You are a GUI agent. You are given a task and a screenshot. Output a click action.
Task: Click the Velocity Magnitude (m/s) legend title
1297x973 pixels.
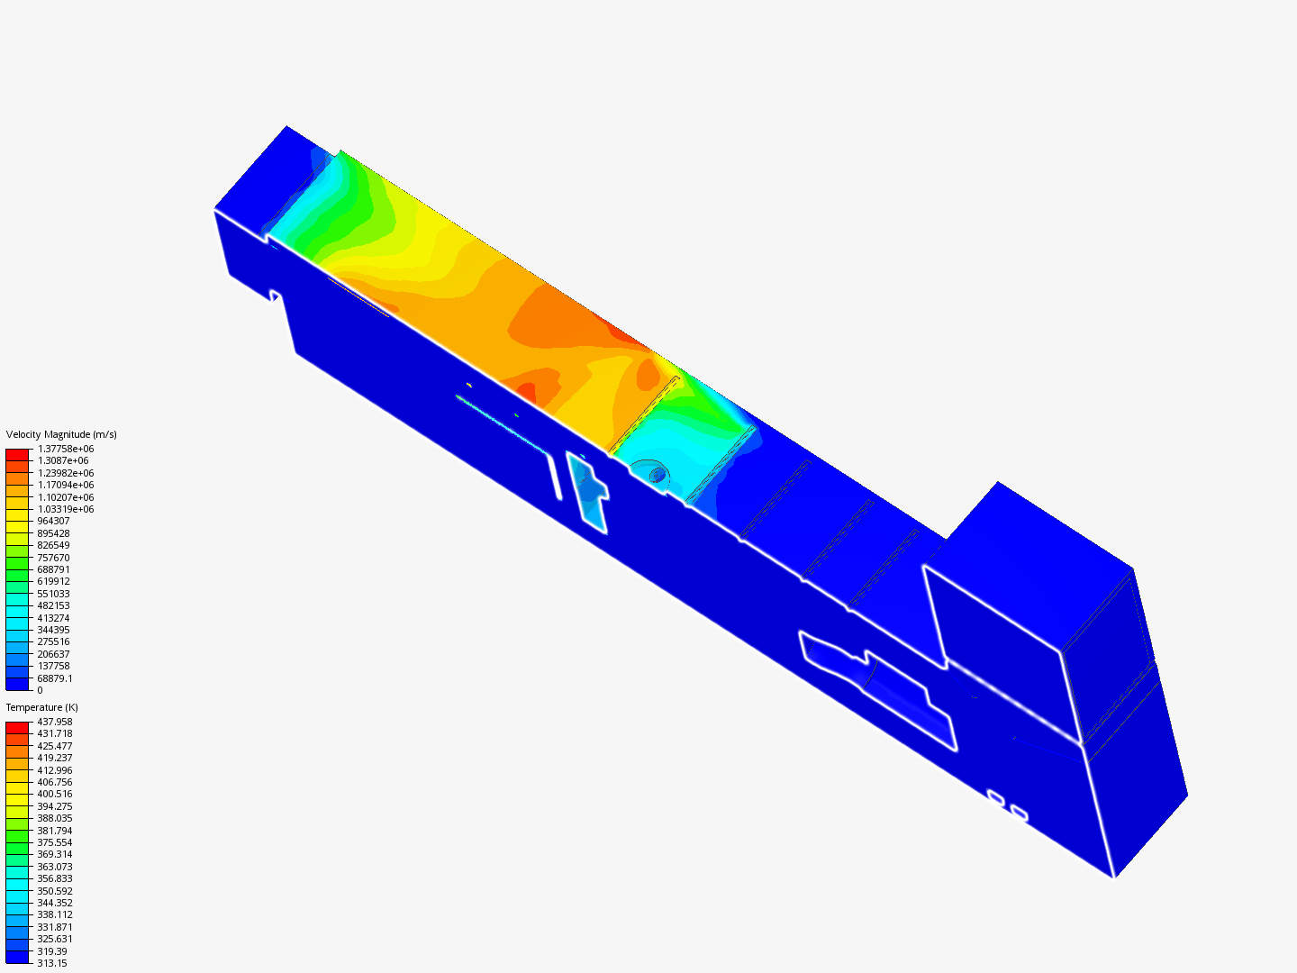61,434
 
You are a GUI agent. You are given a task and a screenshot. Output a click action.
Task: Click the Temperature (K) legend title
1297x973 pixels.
42,707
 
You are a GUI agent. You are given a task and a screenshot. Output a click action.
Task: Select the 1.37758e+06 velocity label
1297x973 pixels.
66,449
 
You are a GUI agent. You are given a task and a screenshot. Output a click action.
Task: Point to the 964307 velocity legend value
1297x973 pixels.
53,521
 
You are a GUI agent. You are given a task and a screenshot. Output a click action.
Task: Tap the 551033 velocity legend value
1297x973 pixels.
53,594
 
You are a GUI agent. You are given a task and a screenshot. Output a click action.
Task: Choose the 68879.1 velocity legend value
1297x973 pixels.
55,678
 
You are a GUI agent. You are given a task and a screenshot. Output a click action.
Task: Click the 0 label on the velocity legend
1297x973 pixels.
41,690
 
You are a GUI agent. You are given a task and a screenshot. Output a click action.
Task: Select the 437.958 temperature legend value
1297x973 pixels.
55,722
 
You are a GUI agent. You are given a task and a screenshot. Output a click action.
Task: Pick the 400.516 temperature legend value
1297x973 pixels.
55,794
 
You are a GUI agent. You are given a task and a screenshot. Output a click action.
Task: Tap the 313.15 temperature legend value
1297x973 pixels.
52,963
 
